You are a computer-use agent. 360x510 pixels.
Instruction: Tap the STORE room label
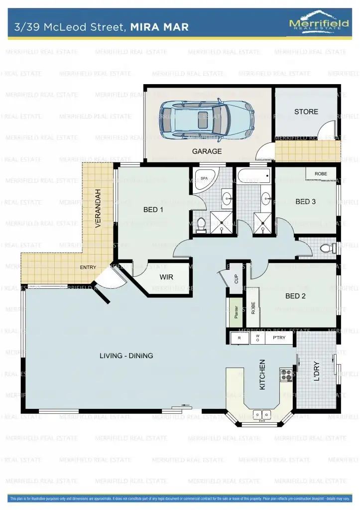[x=306, y=112]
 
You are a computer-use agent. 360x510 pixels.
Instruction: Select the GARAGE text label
[x=207, y=151]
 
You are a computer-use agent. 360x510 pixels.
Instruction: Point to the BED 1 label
[x=153, y=210]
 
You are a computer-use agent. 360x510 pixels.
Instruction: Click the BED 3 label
[x=305, y=202]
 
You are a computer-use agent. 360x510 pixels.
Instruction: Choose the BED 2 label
[x=295, y=296]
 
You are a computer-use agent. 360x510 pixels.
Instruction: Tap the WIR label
[x=166, y=277]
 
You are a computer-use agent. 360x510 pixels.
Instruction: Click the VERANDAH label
[x=98, y=208]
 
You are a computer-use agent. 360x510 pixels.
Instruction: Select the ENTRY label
[x=88, y=267]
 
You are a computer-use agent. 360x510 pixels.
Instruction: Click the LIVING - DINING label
[x=126, y=356]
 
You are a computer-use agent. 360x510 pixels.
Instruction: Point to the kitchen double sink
[x=261, y=414]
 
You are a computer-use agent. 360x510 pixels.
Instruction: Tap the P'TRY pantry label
[x=279, y=338]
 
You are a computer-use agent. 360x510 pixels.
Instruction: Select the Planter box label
[x=236, y=312]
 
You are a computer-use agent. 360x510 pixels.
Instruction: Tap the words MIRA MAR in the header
[x=159, y=27]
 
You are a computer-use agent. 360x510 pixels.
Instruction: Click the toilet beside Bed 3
[x=327, y=248]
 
